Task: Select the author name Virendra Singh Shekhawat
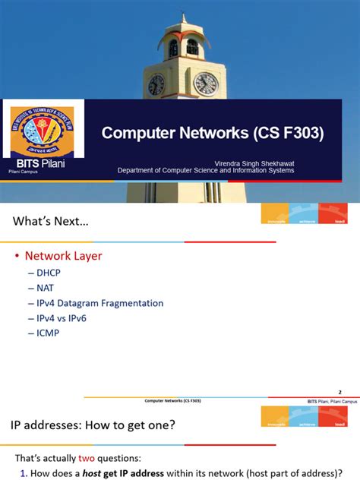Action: [x=256, y=163]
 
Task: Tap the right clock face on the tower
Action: [x=205, y=83]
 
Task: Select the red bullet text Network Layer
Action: [x=64, y=256]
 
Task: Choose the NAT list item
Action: [x=46, y=289]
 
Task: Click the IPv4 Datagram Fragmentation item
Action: [x=99, y=303]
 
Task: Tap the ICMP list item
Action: [x=49, y=332]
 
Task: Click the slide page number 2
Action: [x=339, y=392]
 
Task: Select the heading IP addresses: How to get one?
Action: [x=93, y=425]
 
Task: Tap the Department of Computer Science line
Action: [x=205, y=171]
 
